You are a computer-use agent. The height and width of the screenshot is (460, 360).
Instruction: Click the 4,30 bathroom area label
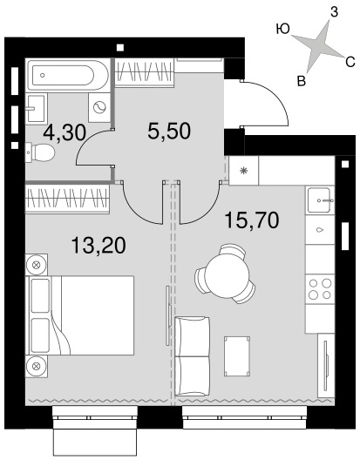pos(65,133)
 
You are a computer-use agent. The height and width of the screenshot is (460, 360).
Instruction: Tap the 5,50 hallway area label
pos(169,132)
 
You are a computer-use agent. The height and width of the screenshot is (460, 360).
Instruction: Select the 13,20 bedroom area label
pos(98,246)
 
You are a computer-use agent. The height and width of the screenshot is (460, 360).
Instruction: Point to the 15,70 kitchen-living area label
pos(251,220)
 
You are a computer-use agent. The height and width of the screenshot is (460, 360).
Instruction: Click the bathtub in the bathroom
pos(68,76)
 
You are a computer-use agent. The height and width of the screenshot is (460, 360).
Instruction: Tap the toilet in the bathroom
pos(40,152)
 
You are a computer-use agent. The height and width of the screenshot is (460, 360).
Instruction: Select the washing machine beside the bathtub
pos(99,108)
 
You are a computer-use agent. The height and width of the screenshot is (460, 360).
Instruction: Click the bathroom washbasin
pos(36,108)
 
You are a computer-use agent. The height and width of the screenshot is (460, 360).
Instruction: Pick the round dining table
pos(227,275)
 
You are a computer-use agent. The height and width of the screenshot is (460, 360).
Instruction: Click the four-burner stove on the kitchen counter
pos(320,289)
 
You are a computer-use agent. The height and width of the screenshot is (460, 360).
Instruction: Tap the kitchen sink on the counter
pos(320,200)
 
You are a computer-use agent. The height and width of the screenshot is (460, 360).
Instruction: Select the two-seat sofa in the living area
pos(193,356)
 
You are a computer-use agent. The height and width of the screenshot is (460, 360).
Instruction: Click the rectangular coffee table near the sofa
pos(237,356)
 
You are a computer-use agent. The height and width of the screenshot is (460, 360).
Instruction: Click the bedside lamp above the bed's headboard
pos(37,265)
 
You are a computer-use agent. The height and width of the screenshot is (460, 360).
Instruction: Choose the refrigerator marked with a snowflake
pos(243,171)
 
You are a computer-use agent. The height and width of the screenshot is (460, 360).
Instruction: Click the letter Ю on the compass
pos(282,29)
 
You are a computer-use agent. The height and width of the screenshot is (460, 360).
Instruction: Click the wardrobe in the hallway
pos(144,71)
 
